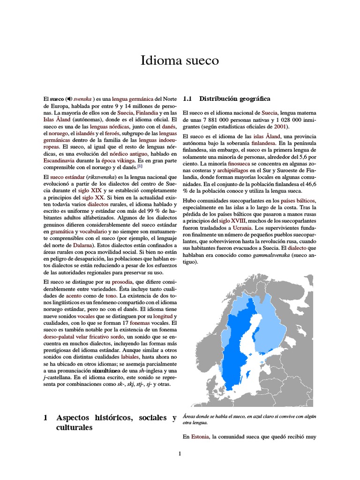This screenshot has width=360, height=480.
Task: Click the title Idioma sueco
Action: (x=180, y=60)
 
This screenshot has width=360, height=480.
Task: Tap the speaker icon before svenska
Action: (x=70, y=99)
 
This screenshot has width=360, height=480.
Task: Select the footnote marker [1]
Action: (x=140, y=166)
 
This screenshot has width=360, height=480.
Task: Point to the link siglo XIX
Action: (x=90, y=191)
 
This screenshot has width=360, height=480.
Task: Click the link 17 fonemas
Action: (x=136, y=323)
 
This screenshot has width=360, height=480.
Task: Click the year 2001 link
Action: (x=281, y=127)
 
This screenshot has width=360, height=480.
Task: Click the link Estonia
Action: (x=200, y=437)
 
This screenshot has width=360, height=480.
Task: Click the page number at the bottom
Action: (x=180, y=454)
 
